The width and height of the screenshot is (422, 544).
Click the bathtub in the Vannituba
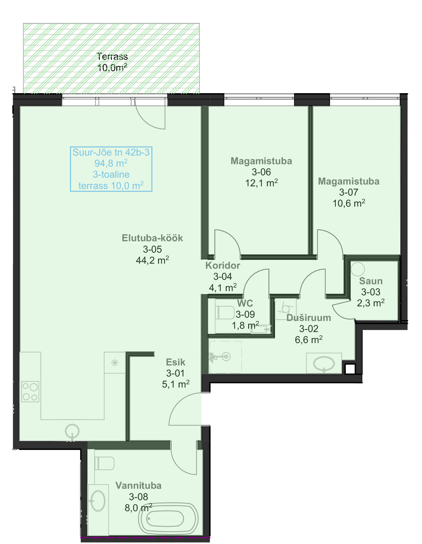[168, 518]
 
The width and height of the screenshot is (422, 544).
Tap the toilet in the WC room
[225, 312]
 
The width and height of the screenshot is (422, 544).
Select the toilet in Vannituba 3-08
[104, 463]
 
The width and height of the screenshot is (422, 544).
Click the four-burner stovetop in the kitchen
[30, 391]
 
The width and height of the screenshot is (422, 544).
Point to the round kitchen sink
[72, 431]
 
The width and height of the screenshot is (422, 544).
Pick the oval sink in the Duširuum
[324, 364]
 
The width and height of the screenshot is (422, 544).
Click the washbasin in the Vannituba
[97, 501]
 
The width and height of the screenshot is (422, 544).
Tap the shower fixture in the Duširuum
[220, 356]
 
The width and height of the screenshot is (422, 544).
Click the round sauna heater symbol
[358, 269]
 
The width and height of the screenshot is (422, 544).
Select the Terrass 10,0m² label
[112, 62]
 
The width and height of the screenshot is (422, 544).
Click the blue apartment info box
[111, 169]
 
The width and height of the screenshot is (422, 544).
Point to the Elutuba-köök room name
[152, 238]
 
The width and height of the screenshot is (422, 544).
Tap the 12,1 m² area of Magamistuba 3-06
[262, 183]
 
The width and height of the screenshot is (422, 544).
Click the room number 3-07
[349, 192]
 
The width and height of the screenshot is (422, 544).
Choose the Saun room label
[371, 281]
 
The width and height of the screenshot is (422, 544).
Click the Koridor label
[223, 265]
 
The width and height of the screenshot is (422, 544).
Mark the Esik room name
[176, 362]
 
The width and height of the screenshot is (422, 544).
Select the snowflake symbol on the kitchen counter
[115, 363]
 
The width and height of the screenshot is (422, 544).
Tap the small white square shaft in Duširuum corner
[350, 369]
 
